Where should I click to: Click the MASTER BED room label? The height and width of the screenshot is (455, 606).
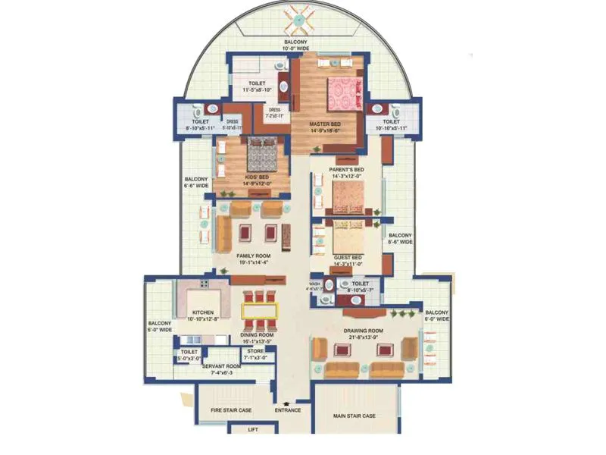(324, 124)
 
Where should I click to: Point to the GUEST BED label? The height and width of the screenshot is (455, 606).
(348, 258)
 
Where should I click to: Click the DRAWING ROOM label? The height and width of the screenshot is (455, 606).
(364, 331)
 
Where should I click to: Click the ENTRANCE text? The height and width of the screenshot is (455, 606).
(288, 410)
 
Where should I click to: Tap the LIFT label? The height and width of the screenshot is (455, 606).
(254, 429)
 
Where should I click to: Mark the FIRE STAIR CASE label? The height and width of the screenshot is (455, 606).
(231, 410)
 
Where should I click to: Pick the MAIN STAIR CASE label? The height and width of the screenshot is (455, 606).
(355, 416)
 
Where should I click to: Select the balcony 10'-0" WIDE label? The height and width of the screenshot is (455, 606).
(295, 44)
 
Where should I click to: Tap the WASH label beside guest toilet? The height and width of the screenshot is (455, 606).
(314, 284)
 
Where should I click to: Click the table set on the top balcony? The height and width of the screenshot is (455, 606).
(295, 20)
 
